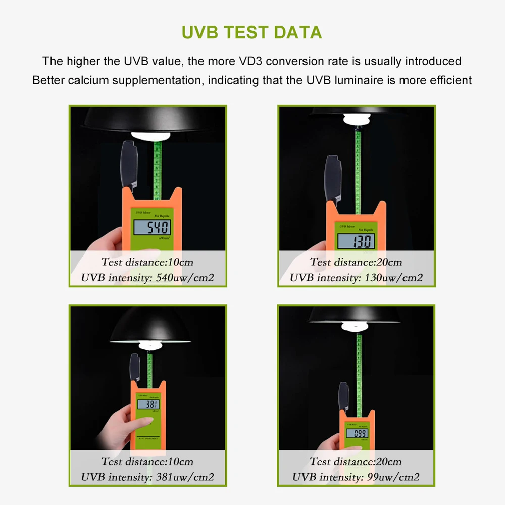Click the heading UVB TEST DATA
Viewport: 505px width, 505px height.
(251, 32)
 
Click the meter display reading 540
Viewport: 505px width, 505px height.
(151, 227)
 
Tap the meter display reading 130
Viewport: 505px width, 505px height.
(357, 241)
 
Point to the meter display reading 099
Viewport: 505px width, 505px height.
(357, 433)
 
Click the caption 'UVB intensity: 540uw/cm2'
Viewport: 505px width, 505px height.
(147, 277)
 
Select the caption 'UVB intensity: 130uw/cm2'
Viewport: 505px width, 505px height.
(356, 277)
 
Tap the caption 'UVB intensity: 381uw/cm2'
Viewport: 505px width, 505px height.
(147, 477)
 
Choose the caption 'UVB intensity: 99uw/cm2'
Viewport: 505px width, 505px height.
(356, 477)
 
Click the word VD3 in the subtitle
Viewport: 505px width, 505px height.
(249, 61)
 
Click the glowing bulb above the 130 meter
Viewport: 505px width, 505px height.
(357, 120)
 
